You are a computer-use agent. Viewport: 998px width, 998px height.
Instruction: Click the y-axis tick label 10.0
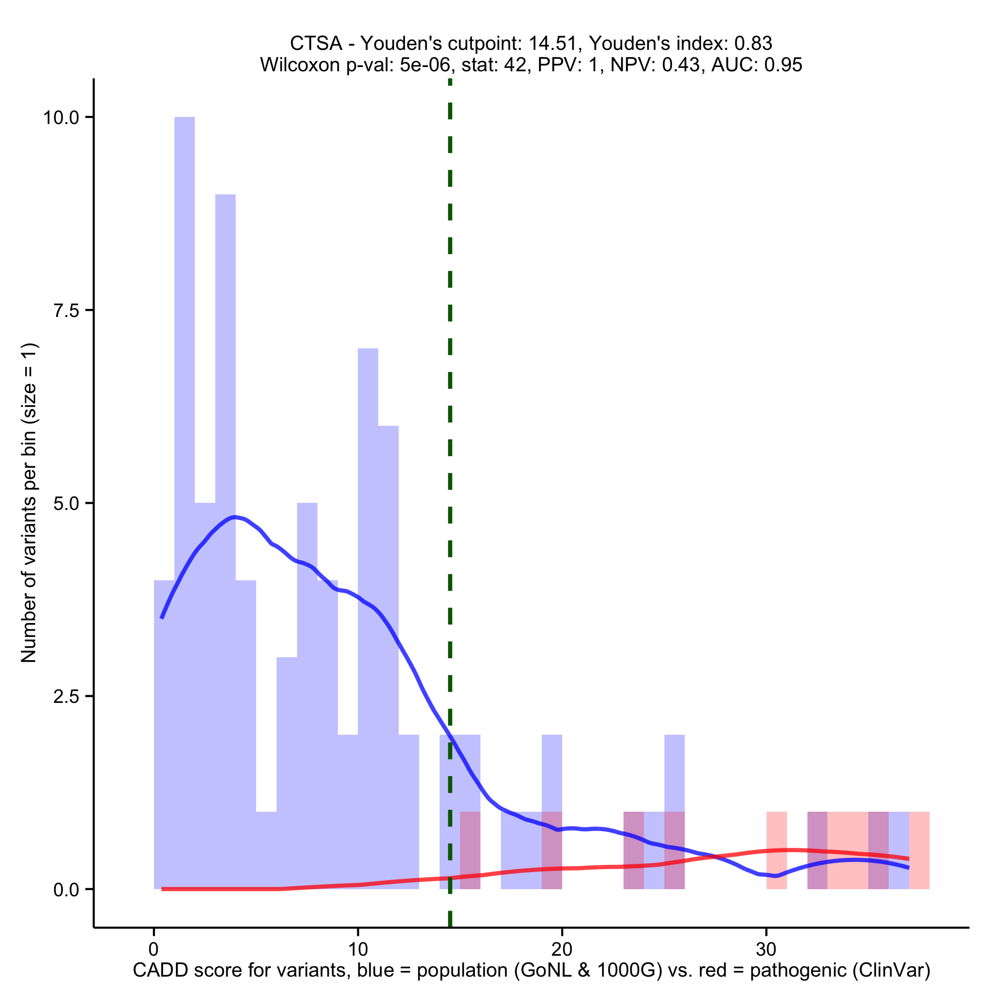60,118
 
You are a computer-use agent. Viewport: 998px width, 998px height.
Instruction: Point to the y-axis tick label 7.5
66,310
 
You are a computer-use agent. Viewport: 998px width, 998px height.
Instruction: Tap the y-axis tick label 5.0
66,503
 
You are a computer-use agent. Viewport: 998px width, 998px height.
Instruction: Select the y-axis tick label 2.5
66,696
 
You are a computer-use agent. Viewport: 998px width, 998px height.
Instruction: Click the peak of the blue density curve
234,517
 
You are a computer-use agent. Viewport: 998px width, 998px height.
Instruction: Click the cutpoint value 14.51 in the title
552,43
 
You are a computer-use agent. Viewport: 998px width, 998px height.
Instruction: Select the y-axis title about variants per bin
29,503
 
